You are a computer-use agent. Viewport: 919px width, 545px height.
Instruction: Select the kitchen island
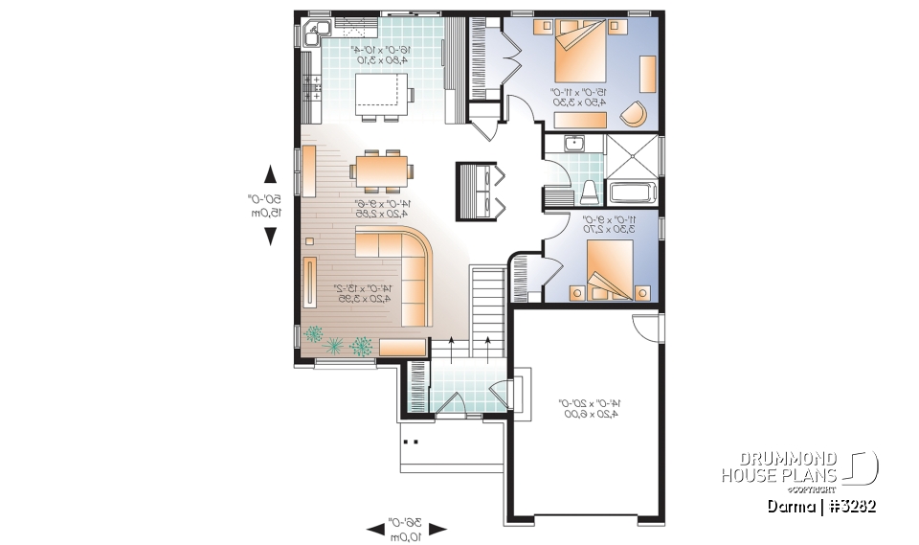tap(380, 94)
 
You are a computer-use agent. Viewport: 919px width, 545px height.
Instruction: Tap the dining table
tap(382, 170)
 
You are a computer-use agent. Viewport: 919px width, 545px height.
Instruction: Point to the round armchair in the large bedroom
tap(634, 113)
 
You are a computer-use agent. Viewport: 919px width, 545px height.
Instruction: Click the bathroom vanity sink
tap(574, 145)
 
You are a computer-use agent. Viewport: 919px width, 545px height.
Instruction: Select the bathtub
tap(631, 192)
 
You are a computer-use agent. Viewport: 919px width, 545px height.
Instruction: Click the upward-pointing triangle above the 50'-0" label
tap(270, 173)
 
